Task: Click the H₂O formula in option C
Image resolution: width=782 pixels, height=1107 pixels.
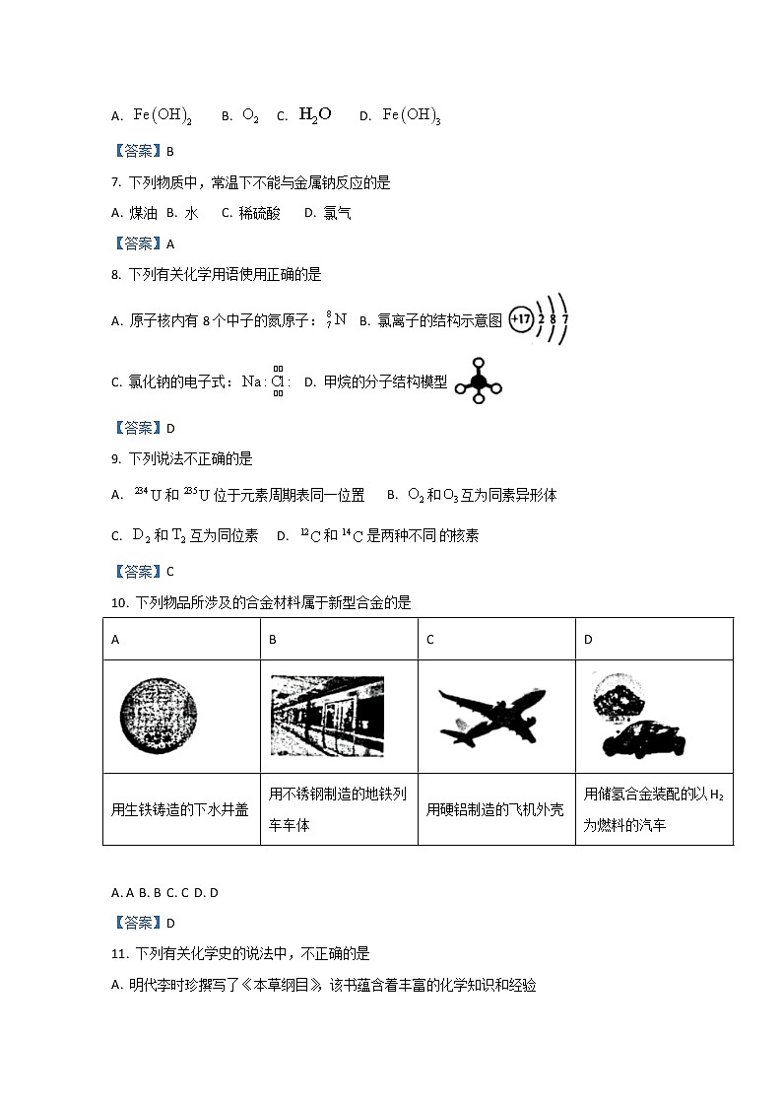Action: [314, 114]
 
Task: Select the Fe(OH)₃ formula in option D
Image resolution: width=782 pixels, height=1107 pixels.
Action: [412, 115]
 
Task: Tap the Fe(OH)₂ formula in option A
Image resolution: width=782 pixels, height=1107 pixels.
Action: [163, 115]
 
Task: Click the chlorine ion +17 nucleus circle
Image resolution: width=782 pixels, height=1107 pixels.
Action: [521, 320]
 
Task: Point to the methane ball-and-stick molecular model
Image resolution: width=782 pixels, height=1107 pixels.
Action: [479, 381]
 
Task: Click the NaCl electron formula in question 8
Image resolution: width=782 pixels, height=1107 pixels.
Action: [265, 381]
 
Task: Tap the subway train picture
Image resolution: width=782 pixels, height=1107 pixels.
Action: [327, 716]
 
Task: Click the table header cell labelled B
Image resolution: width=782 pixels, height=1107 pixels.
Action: [273, 639]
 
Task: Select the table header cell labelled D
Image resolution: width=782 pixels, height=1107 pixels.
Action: [588, 639]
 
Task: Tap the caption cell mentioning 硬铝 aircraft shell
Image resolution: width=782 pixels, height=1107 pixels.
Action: [495, 809]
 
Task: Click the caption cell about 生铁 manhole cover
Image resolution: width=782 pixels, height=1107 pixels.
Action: [180, 809]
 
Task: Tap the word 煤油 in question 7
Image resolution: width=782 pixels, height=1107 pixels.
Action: [145, 213]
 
